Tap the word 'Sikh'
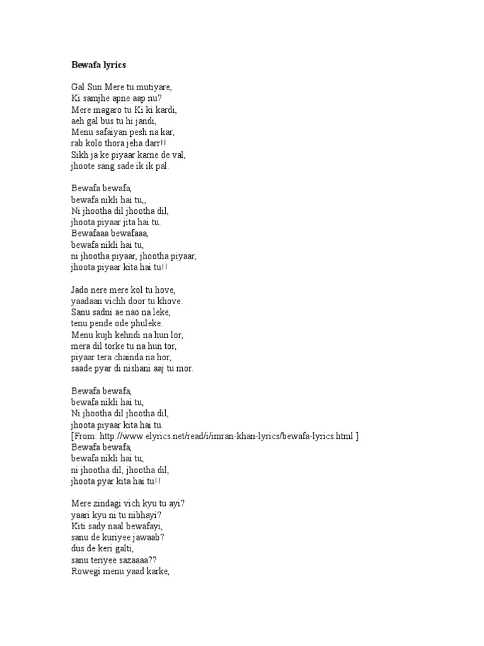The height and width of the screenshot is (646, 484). [x=79, y=155]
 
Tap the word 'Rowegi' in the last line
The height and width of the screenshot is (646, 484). [x=86, y=572]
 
